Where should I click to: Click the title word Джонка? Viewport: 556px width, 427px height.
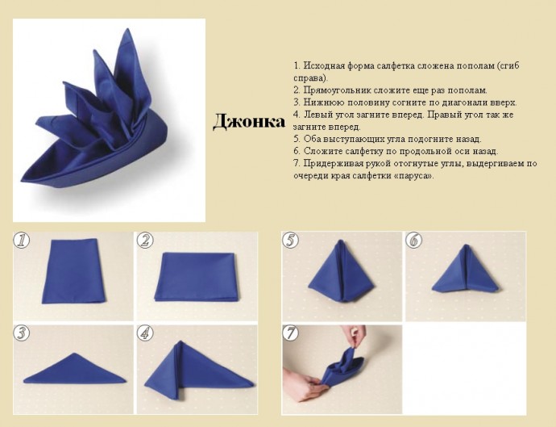click(x=249, y=122)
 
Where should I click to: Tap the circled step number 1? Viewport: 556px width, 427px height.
click(x=21, y=241)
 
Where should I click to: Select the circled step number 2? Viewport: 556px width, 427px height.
click(x=145, y=241)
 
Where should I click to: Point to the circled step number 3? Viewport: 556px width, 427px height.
click(x=21, y=333)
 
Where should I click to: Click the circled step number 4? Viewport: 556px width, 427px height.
click(x=145, y=333)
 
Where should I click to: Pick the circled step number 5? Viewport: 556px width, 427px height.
click(x=290, y=241)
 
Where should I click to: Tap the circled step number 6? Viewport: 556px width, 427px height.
click(x=414, y=241)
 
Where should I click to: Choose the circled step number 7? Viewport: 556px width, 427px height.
click(x=290, y=333)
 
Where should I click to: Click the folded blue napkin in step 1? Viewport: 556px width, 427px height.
click(x=74, y=271)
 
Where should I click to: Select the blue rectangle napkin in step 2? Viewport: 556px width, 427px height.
click(x=197, y=277)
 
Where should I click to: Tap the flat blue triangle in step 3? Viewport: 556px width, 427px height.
click(x=74, y=370)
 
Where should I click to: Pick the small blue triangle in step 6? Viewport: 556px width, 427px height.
click(x=466, y=270)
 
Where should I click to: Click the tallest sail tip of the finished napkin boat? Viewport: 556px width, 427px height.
click(x=126, y=30)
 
